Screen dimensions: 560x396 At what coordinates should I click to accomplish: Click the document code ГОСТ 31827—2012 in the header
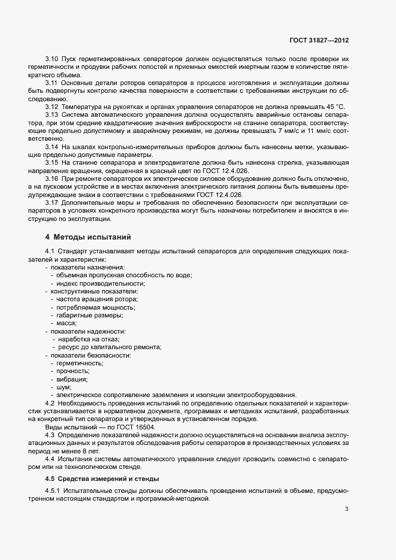click(319, 40)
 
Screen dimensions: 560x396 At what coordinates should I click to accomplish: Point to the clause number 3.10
click(52, 59)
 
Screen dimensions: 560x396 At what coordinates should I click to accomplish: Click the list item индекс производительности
click(101, 283)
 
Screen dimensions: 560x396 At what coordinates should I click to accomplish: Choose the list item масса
click(66, 323)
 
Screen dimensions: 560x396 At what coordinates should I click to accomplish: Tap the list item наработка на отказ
click(89, 339)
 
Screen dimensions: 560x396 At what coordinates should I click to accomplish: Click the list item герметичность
click(80, 363)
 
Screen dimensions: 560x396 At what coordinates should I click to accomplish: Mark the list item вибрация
click(72, 379)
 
